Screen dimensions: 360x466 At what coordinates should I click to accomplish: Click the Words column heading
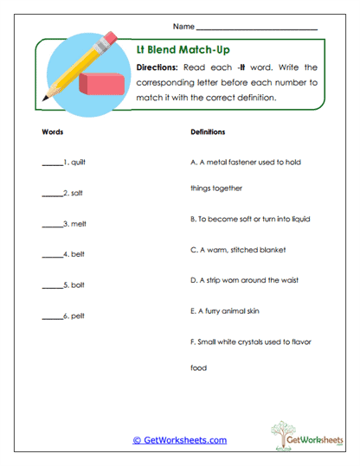(52, 132)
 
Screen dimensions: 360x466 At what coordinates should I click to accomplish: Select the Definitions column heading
(208, 132)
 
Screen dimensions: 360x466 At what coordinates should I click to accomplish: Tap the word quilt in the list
(78, 162)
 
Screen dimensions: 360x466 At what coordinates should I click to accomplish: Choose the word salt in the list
(77, 192)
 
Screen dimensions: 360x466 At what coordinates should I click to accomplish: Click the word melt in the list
(78, 223)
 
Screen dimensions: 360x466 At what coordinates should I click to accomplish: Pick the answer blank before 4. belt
(52, 255)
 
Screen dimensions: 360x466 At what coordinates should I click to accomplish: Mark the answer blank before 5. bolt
(52, 285)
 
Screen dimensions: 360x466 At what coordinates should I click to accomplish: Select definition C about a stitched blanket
(236, 250)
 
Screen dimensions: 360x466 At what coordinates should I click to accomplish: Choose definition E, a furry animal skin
(223, 310)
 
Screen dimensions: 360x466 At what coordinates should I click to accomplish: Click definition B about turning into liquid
(250, 220)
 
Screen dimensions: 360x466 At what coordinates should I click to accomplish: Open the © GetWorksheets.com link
(179, 440)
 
